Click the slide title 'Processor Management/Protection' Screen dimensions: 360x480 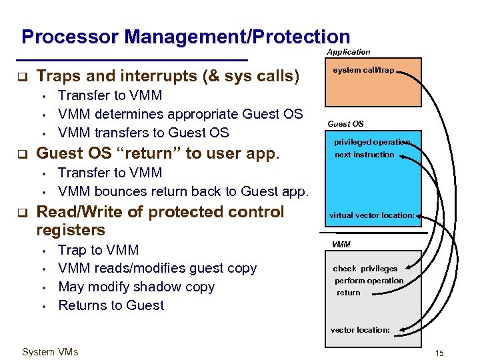(185, 37)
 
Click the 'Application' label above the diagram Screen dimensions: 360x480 (348, 52)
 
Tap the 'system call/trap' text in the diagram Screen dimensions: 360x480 (363, 70)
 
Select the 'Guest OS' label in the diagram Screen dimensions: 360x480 (345, 123)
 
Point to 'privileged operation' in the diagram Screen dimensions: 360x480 (372, 142)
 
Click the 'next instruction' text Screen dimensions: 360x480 (365, 155)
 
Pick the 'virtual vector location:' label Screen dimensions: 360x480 (372, 215)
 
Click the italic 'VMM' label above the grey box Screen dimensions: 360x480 (341, 245)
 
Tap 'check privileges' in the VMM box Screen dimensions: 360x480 (365, 269)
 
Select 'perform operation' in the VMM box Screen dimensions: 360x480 (369, 281)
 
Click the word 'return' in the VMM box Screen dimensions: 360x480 (348, 293)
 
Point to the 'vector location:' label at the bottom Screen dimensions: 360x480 (360, 330)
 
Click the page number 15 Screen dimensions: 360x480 (439, 352)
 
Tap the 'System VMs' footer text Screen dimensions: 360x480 (50, 352)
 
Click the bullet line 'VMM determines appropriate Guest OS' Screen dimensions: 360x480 (181, 114)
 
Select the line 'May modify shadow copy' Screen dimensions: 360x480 (137, 287)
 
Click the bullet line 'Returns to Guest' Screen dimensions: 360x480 (111, 305)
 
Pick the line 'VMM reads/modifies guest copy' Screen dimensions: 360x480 (157, 268)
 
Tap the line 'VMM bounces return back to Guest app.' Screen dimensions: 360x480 (183, 191)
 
